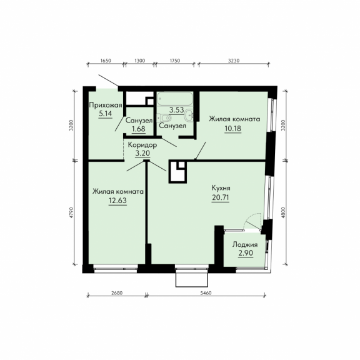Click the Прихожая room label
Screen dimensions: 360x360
coord(106,106)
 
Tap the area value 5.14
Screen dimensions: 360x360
coord(106,114)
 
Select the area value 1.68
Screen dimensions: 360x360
coord(139,129)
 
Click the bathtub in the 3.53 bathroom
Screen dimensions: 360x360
coord(175,99)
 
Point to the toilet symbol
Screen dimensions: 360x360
coord(165,118)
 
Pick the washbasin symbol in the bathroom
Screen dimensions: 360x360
coord(189,114)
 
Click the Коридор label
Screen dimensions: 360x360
coord(142,145)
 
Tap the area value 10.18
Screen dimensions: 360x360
coord(232,128)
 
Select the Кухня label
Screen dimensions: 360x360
coord(221,188)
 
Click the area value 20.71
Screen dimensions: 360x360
coord(221,197)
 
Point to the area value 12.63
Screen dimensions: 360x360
coord(117,201)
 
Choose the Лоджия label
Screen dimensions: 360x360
coord(245,245)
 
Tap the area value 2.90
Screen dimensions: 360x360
coord(246,253)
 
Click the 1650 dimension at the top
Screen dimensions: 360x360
coord(106,61)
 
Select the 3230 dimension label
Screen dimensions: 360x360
coord(234,61)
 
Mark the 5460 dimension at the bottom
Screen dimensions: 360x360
coord(206,293)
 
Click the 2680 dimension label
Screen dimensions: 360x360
coord(117,293)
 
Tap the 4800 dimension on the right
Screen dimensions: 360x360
coord(284,212)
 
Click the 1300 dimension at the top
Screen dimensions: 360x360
coord(139,61)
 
